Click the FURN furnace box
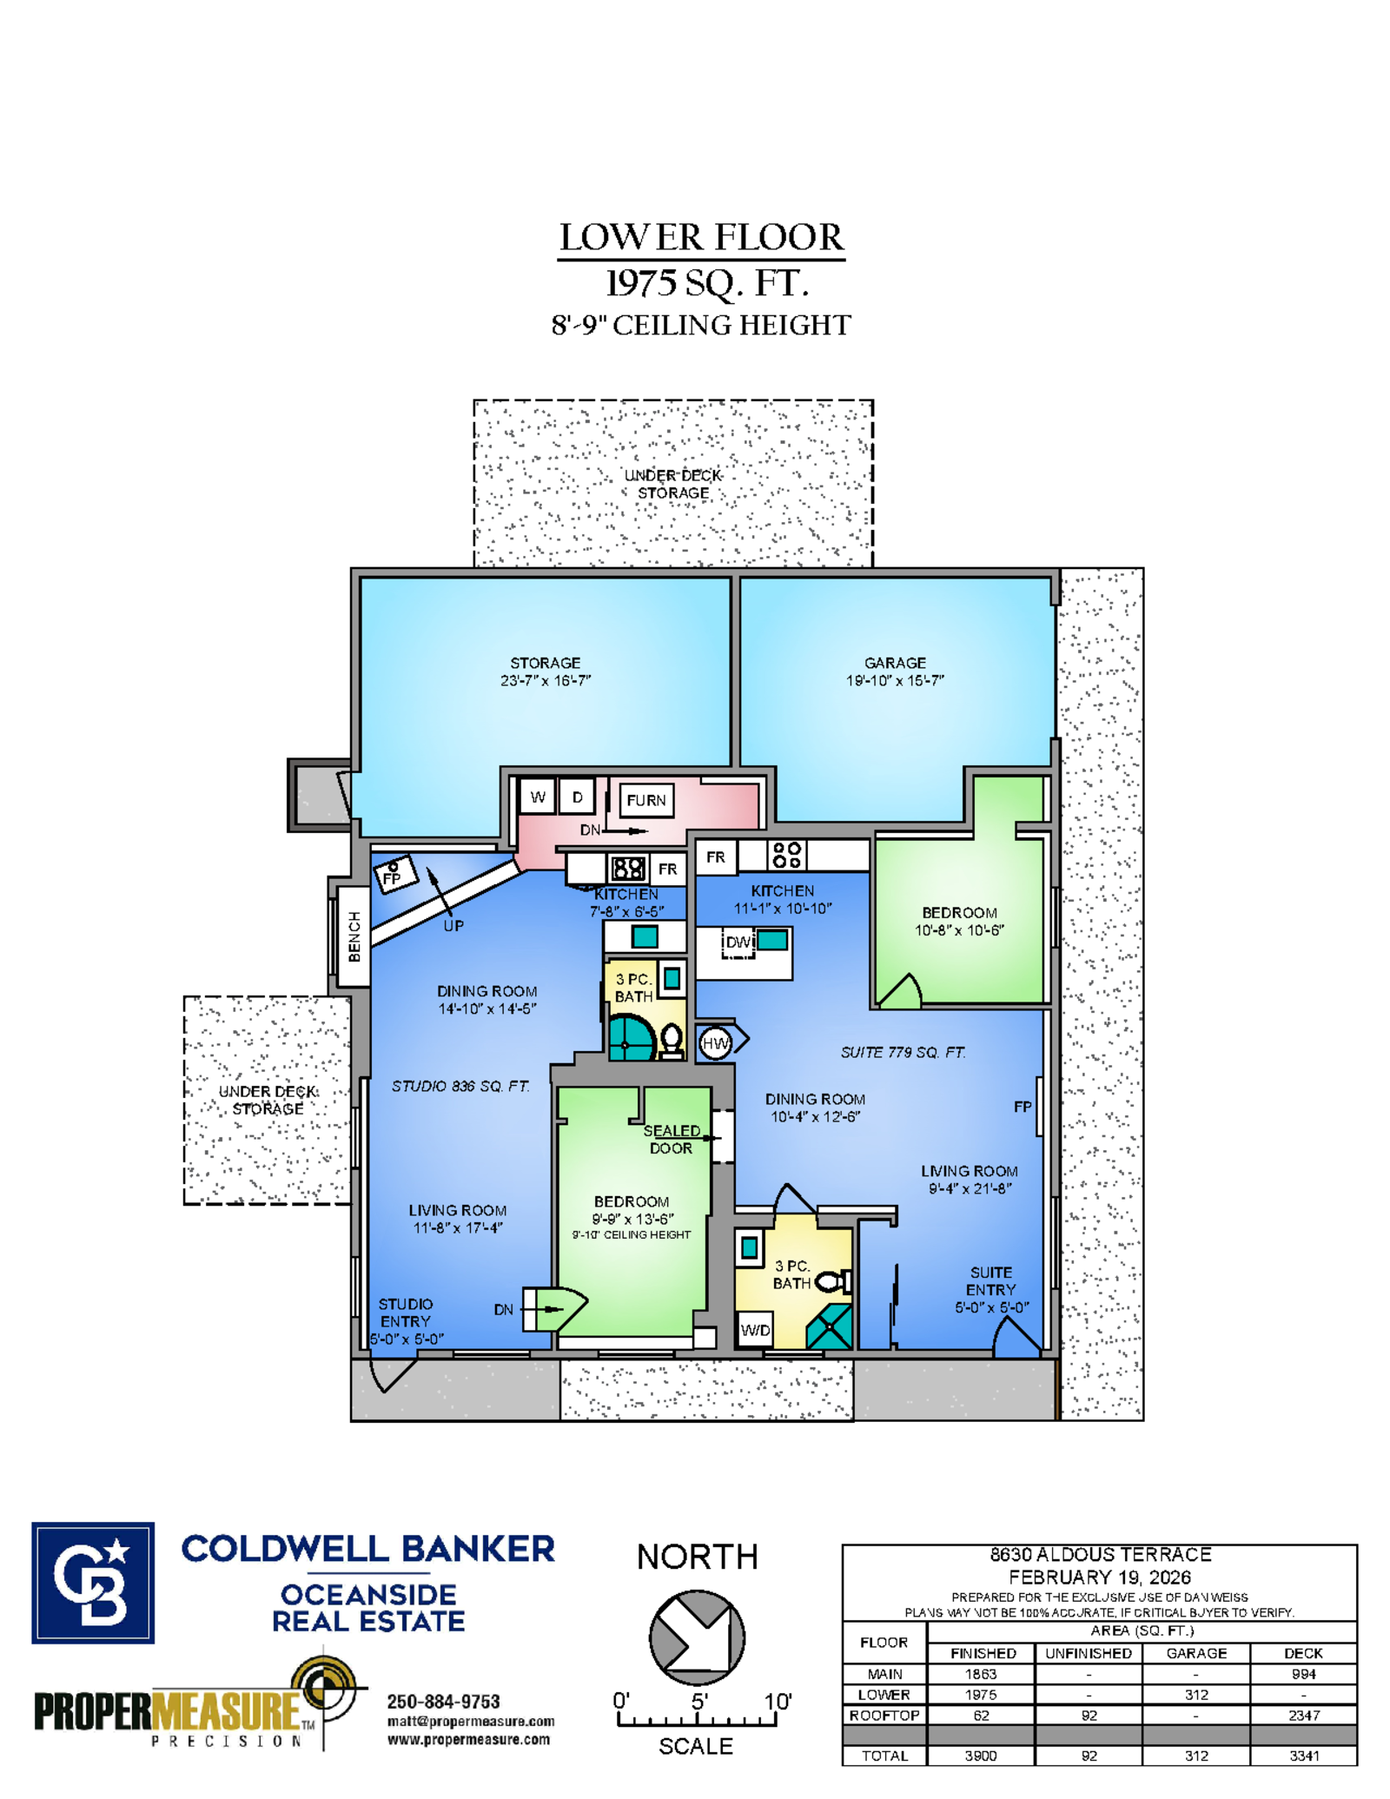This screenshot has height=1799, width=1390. (x=646, y=800)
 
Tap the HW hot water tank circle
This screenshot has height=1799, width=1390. (x=715, y=1043)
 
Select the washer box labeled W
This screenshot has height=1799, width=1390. (x=538, y=797)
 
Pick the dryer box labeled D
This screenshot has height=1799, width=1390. (x=577, y=797)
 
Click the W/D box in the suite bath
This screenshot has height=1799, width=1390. (x=755, y=1330)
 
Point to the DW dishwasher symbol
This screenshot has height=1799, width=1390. (x=738, y=942)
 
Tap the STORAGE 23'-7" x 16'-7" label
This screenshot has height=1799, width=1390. (x=546, y=671)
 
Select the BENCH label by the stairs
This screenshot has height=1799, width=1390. (x=354, y=936)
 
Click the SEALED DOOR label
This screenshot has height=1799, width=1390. (x=672, y=1139)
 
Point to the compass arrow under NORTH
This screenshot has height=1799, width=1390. (x=697, y=1637)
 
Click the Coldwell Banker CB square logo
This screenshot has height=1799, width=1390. (x=93, y=1583)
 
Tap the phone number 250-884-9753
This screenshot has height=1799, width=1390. (x=443, y=1702)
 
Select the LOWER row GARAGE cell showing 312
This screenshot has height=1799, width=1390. (x=1196, y=1695)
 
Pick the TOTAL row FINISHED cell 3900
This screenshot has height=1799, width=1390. (x=981, y=1756)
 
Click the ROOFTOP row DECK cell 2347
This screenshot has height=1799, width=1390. (x=1304, y=1716)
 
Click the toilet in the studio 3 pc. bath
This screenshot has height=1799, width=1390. (x=672, y=1040)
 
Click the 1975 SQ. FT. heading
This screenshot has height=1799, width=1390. (x=706, y=283)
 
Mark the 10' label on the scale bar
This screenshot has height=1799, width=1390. (x=778, y=1701)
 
